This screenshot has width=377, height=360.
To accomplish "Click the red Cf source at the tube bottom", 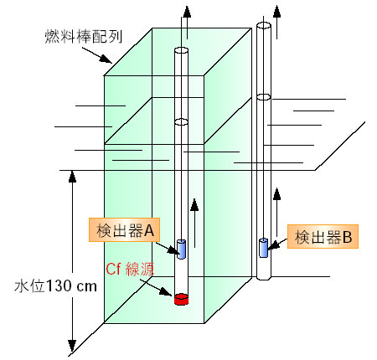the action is (x=181, y=299).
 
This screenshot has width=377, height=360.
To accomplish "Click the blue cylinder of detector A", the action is (x=182, y=249).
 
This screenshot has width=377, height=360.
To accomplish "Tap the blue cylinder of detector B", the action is (x=263, y=248).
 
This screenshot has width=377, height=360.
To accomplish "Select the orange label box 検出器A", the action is (x=124, y=229).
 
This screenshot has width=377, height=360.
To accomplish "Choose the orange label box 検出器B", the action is (x=323, y=236).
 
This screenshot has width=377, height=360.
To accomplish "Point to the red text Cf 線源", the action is (x=130, y=270).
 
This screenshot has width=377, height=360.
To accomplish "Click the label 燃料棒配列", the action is (x=84, y=36).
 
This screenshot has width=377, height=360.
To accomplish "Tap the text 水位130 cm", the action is (x=55, y=286).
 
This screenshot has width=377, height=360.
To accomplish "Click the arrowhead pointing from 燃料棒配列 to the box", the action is (x=106, y=59).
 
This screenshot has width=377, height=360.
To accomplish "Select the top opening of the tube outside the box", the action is (x=264, y=26).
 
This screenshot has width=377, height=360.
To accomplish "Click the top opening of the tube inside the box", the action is (x=181, y=50).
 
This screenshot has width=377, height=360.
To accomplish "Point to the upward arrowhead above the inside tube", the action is (x=187, y=13).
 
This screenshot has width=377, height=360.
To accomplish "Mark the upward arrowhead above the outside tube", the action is (x=276, y=12).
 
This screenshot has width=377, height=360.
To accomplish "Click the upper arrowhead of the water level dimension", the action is (x=72, y=177).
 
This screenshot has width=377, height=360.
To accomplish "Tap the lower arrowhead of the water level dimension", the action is (x=72, y=346).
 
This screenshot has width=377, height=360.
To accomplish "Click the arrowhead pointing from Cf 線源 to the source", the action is (x=166, y=291).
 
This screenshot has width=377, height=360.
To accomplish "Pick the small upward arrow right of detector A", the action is (x=194, y=224).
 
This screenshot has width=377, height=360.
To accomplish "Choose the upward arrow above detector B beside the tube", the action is (x=276, y=213).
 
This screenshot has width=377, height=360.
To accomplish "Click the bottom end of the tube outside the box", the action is (x=264, y=278).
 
